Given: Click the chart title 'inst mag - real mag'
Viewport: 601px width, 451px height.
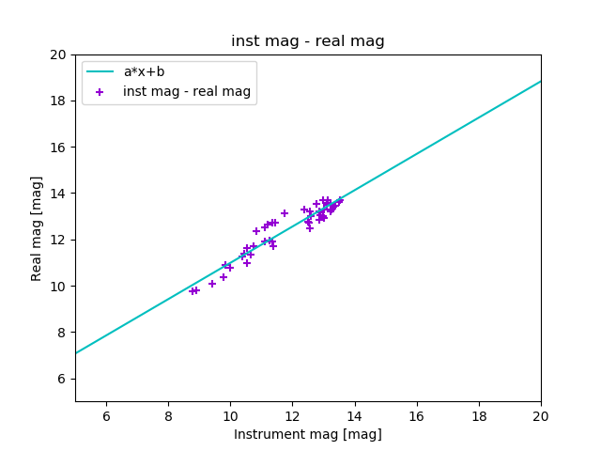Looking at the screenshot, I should [x=308, y=41].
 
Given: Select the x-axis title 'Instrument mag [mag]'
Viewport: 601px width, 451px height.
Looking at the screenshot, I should [x=308, y=434].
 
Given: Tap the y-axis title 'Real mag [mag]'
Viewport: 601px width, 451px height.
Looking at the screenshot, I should [x=37, y=228].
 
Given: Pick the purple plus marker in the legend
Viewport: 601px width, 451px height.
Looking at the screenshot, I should [x=100, y=92].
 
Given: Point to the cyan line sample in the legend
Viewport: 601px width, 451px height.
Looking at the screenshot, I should [x=100, y=71].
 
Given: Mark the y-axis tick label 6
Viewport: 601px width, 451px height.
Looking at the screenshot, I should [x=62, y=379].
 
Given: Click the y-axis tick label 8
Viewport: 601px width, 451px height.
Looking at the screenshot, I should [x=62, y=333].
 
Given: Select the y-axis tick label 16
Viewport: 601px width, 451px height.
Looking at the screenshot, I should [x=58, y=148].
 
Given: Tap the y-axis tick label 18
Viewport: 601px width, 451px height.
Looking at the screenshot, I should [x=58, y=101].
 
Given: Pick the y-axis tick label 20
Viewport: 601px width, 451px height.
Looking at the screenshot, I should [x=58, y=54].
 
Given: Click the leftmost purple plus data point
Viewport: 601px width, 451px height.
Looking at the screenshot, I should [x=192, y=291].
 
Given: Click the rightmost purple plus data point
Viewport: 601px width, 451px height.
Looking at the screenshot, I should [x=340, y=200].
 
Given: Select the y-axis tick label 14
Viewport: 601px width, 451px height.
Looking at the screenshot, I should [x=58, y=194].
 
